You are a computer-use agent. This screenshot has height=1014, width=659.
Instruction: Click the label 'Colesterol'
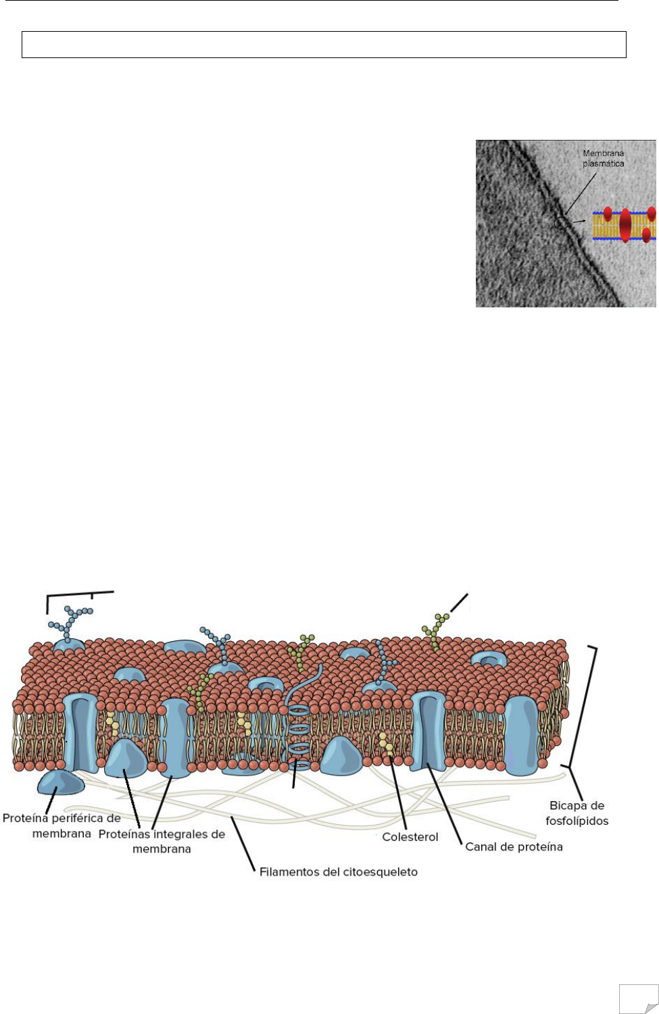click(x=410, y=837)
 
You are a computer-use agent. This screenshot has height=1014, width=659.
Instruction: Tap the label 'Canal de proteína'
click(x=514, y=846)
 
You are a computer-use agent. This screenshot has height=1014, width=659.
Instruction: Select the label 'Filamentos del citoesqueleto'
click(x=338, y=872)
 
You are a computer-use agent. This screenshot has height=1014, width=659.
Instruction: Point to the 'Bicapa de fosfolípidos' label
click(x=577, y=813)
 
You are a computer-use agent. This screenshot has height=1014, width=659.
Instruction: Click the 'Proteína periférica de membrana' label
click(x=62, y=826)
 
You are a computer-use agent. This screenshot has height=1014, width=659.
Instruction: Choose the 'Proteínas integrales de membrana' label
click(x=162, y=841)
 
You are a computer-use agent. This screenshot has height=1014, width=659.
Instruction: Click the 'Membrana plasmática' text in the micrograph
click(x=603, y=159)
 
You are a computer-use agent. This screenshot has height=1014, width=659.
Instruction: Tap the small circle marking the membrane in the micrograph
click(x=561, y=222)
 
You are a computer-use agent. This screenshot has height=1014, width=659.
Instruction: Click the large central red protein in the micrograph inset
click(x=625, y=226)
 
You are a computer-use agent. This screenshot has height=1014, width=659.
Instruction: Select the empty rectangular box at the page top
click(x=324, y=44)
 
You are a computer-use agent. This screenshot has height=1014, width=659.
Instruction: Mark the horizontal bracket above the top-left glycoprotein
click(x=80, y=594)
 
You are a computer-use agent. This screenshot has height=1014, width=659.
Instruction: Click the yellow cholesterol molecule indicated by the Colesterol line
click(x=386, y=743)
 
